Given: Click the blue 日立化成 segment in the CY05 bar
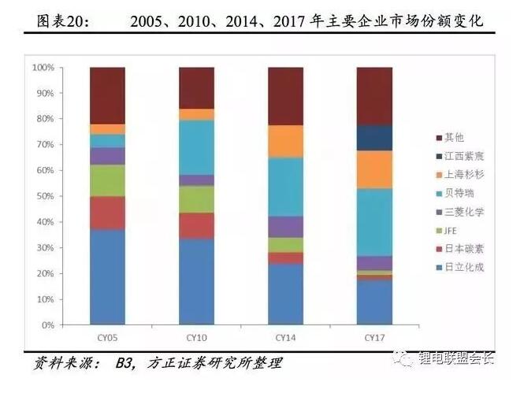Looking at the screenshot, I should click(107, 276).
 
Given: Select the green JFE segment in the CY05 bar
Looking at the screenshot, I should click(107, 180).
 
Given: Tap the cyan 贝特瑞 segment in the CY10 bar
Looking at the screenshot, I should click(196, 147).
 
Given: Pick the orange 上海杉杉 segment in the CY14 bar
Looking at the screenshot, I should click(286, 141).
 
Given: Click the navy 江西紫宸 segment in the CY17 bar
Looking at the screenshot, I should click(375, 138).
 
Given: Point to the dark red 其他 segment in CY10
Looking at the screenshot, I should click(196, 87).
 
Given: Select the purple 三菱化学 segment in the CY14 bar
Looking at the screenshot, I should click(286, 227).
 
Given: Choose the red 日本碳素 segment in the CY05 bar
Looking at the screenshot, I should click(107, 213).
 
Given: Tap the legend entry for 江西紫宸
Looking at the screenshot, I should click(461, 156).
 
